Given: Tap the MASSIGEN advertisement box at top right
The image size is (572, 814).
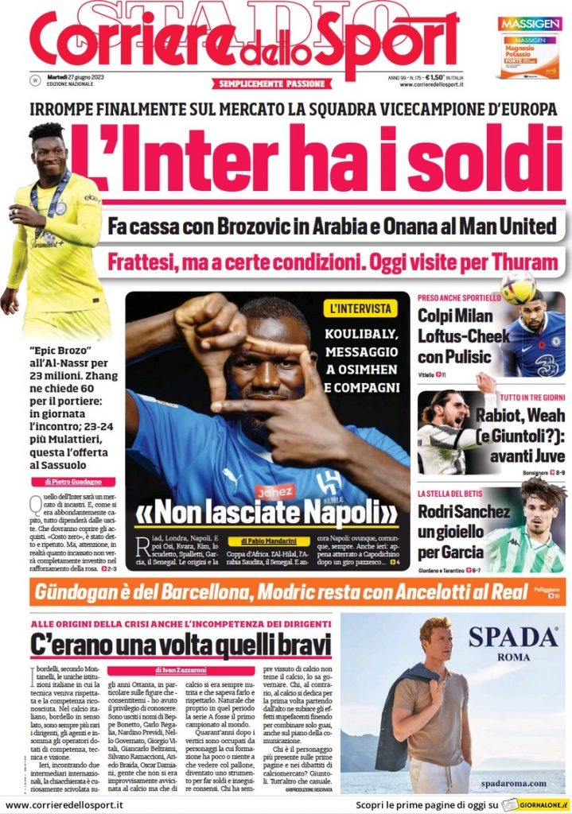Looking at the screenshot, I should [x=529, y=48].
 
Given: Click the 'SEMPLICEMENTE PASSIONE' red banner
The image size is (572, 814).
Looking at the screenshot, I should [x=271, y=83].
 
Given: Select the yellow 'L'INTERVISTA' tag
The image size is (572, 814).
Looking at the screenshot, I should [x=361, y=308].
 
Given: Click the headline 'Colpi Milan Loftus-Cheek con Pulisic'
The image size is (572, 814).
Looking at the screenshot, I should [x=463, y=335].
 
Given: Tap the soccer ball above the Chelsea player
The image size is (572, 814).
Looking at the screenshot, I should [x=518, y=287].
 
